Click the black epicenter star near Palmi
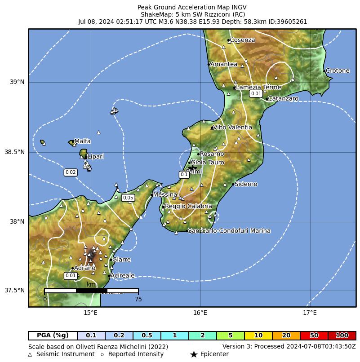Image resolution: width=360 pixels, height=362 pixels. point(192,167)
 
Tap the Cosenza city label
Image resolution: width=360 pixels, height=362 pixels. point(242,40)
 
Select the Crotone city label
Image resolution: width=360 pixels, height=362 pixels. point(337,71)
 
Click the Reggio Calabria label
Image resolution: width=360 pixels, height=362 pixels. point(188,206)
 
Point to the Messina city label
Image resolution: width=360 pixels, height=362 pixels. point(165,194)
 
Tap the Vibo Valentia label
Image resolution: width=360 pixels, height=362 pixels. point(232,127)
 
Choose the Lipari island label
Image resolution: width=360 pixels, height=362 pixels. point(95,156)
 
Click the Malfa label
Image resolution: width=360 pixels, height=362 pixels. point(82,141)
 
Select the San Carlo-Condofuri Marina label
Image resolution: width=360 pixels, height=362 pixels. point(229,231)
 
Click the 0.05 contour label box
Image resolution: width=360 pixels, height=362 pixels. point(128,198)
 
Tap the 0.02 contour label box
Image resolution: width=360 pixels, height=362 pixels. point(71,172)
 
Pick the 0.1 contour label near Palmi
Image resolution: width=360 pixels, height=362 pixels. point(184,174)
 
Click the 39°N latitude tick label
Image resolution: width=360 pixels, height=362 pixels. point(17,82)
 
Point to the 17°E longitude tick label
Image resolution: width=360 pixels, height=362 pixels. point(309,313)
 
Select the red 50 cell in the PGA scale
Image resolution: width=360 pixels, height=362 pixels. point(314,336)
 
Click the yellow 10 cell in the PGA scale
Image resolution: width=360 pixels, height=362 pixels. point(258,336)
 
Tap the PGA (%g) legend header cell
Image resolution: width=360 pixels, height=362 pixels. point(53,336)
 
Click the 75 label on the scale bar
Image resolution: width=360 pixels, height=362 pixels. point(138,299)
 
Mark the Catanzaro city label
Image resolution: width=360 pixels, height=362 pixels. point(283,98)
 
